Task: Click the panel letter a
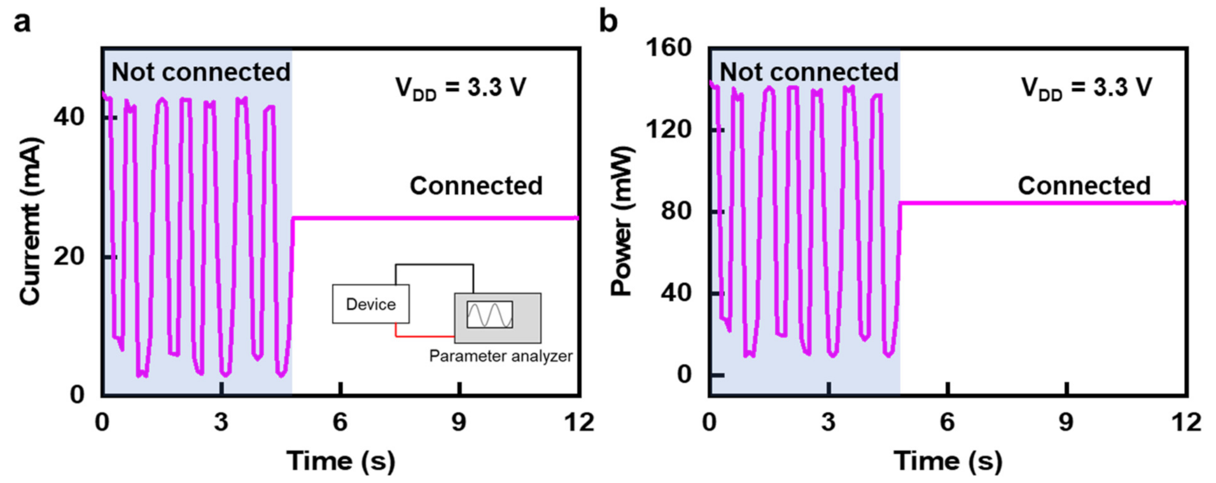[22, 22]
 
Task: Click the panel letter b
[608, 22]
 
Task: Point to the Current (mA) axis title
[30, 221]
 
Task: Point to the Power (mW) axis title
[622, 221]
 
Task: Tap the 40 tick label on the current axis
[69, 117]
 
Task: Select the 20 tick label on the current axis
[69, 256]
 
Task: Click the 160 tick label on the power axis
[668, 48]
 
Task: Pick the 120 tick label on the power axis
[668, 129]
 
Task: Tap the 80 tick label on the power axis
[676, 211]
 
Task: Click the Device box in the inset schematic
[370, 304]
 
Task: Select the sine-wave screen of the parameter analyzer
[489, 314]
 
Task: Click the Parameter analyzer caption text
[500, 356]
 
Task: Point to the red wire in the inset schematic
[423, 335]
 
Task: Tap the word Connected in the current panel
[476, 186]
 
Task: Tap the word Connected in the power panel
[1084, 186]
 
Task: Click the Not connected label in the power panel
[808, 72]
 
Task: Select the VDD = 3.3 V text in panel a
[461, 88]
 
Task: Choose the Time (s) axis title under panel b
[947, 461]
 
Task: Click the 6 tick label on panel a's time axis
[340, 422]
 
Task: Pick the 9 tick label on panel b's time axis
[1066, 422]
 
